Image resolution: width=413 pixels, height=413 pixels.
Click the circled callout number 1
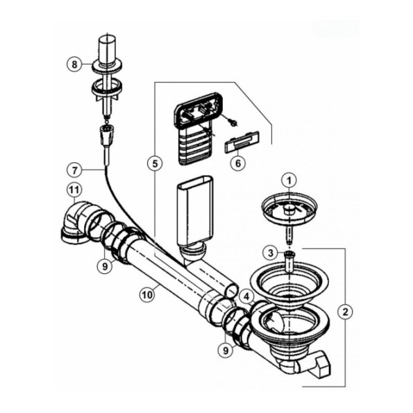289,181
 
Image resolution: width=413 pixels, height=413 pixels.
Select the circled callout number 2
345,312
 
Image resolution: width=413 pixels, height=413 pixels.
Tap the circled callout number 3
271,253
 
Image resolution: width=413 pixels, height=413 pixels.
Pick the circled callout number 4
246,297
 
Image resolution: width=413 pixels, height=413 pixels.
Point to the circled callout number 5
155,164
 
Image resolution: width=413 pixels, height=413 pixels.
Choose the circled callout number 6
238,163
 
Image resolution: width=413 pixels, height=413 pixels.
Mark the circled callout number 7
75,171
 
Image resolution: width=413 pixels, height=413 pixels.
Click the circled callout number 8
74,65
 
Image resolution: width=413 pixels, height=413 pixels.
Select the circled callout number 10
147,295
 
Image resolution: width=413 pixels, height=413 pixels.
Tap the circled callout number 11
74,189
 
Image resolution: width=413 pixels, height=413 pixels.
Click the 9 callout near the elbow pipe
105,267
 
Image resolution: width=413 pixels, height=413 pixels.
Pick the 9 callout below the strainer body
226,351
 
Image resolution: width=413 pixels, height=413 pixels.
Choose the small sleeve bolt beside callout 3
289,262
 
